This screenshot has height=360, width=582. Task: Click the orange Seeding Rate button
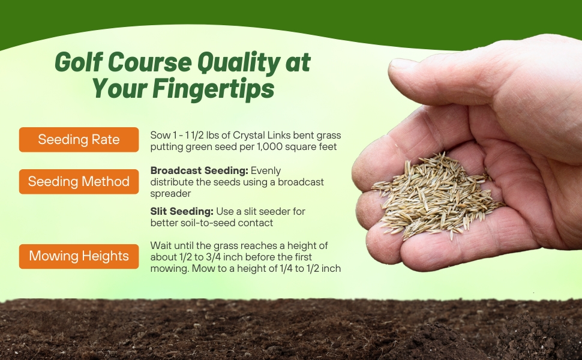(x=79, y=140)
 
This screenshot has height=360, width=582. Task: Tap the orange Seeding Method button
(x=79, y=181)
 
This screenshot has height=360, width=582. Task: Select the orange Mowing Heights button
(x=79, y=256)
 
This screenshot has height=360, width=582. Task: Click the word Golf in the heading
(x=79, y=62)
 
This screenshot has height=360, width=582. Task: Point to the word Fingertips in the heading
(x=214, y=89)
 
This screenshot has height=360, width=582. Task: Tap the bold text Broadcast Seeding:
(x=199, y=171)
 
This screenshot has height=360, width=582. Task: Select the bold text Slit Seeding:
(x=182, y=212)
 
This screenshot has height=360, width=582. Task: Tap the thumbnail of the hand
(x=403, y=64)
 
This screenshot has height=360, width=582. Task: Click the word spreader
(x=170, y=194)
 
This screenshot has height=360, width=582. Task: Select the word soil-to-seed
(x=208, y=223)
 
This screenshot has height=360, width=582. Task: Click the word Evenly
(x=266, y=171)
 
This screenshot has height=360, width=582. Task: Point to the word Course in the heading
(x=151, y=62)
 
